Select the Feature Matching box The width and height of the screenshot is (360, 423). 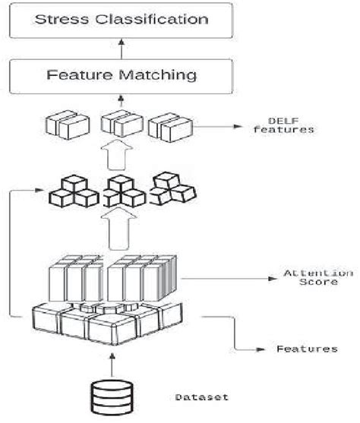click(119, 74)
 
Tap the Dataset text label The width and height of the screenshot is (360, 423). click(201, 396)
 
